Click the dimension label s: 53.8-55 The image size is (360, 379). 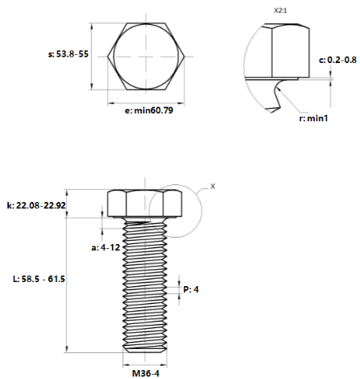coord(69,54)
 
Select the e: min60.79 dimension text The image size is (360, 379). coord(149,111)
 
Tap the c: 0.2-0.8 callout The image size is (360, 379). coord(337,60)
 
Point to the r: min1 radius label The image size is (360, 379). coord(313,118)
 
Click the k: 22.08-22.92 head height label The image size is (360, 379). coord(36,205)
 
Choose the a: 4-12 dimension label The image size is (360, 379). coord(106,247)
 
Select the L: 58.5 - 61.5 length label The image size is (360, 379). coord(39,279)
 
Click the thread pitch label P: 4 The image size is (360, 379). coord(191,289)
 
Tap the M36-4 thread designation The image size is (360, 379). coord(145,373)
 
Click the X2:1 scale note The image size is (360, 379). coord(280,11)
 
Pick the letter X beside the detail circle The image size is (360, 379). coord(213,186)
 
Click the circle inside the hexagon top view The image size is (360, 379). coord(114,57)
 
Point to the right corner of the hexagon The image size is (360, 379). coord(185,57)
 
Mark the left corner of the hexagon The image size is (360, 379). coord(107,57)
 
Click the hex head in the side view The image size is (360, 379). coord(144,204)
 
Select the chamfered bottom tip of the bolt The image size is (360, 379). coord(144,349)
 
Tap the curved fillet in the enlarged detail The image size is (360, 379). coord(276,93)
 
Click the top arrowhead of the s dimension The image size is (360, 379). coord(92,26)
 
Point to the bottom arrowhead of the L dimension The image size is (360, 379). coord(67,349)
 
